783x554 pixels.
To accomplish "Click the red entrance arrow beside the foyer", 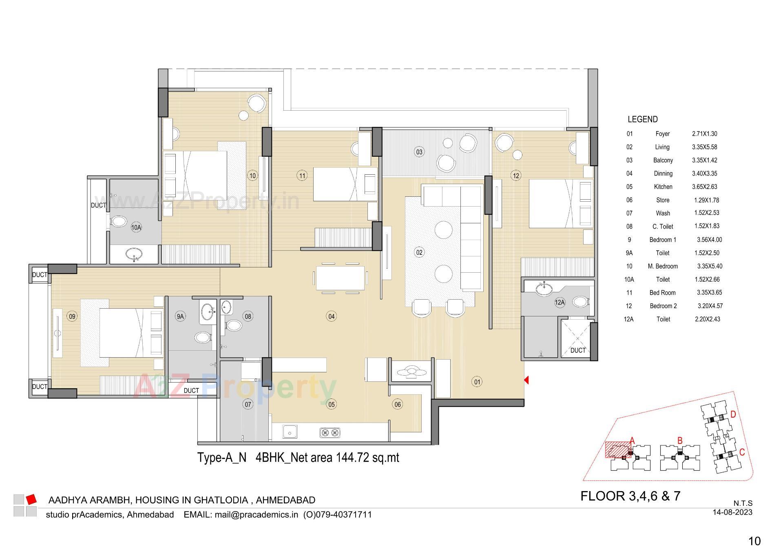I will [526, 380].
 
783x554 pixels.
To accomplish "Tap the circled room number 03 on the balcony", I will [419, 152].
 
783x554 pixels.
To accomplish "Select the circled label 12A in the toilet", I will [560, 303].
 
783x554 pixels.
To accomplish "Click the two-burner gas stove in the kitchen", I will [330, 432].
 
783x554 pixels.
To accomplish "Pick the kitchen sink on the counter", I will [290, 432].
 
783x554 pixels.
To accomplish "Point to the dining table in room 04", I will [340, 278].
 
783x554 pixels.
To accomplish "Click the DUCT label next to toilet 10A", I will [98, 205].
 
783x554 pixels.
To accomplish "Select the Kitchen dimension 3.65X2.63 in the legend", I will [704, 187].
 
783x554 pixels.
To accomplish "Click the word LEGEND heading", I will [642, 119].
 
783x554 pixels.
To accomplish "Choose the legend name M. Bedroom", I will [663, 266].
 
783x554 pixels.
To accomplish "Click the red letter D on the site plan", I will [733, 415].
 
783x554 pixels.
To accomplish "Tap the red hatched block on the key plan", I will [617, 450].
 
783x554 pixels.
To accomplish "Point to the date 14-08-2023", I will [732, 512].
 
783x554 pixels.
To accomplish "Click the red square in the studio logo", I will [31, 499].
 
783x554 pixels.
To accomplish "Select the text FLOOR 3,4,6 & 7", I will [630, 496].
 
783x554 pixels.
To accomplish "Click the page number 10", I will [754, 541].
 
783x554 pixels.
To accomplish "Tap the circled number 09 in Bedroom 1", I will [72, 316].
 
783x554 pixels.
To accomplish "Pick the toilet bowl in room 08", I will [233, 325].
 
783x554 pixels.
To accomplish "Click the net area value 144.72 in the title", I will [353, 457].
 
